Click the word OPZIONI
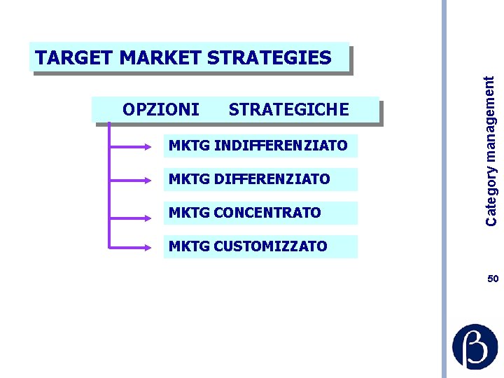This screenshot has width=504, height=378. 160,110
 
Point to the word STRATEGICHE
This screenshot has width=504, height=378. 288,110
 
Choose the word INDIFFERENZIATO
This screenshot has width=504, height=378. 281,146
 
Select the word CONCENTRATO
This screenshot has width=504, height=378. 269,213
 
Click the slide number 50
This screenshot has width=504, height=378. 493,279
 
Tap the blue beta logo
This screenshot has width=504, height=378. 475,346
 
